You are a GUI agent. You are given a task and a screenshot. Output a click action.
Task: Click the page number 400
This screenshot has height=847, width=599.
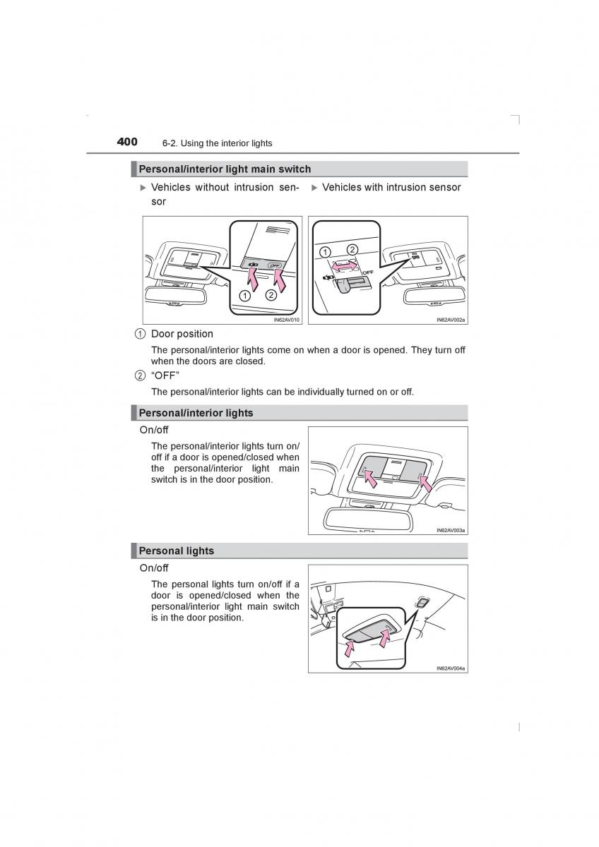click(x=127, y=142)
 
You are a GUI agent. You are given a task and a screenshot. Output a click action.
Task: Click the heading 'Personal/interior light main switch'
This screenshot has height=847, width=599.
click(x=225, y=169)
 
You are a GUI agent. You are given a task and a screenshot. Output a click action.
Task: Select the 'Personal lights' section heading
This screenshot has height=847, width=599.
click(x=176, y=551)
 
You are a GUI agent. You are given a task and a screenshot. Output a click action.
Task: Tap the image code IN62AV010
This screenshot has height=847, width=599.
click(x=287, y=320)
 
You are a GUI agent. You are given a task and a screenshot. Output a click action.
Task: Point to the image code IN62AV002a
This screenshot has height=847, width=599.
click(x=451, y=320)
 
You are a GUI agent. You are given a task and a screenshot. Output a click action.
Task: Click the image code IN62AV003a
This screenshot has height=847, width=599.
click(x=451, y=530)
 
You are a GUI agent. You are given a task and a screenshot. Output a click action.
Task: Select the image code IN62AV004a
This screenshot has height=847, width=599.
click(x=451, y=668)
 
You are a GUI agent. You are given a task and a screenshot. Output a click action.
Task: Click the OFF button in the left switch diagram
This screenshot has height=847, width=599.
click(x=275, y=265)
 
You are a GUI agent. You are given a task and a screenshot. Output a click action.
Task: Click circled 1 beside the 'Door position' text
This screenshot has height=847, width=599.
click(x=141, y=334)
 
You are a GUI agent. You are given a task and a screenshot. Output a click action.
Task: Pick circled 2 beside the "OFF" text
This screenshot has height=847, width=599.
click(x=141, y=376)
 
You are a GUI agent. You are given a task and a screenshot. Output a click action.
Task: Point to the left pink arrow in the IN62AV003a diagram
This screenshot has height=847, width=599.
click(x=369, y=476)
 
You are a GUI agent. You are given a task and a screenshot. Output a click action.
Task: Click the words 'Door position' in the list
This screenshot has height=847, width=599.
click(x=182, y=334)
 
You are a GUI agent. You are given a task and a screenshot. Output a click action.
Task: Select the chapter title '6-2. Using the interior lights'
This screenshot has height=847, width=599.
click(x=217, y=143)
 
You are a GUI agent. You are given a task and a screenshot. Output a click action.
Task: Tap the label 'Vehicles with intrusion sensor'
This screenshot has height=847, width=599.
click(x=391, y=187)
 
